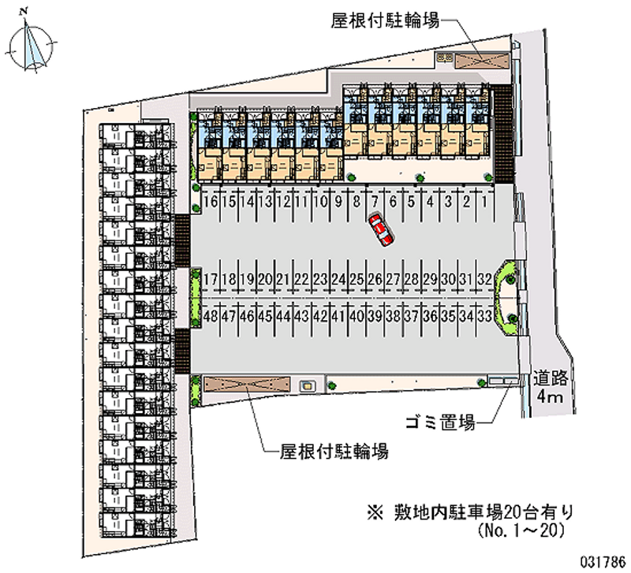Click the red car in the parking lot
click(x=382, y=229)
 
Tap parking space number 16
click(x=210, y=202)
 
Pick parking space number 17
click(x=210, y=280)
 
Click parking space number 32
click(x=486, y=280)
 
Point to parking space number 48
click(x=210, y=316)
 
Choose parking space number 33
click(x=486, y=316)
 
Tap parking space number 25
click(x=357, y=280)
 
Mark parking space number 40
click(x=357, y=316)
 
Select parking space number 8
click(x=357, y=202)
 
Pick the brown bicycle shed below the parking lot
click(x=247, y=384)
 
